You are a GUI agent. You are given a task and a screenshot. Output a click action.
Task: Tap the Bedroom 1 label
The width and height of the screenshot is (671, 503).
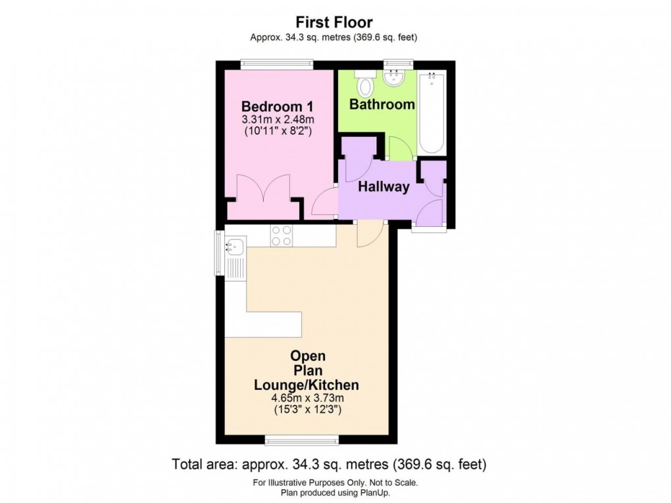(277, 107)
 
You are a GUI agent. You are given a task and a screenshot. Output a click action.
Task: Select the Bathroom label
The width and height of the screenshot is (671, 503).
(382, 104)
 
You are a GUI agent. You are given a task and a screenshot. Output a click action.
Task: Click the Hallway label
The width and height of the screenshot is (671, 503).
(384, 187)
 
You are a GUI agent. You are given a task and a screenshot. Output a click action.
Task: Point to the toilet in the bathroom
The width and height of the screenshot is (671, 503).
(366, 85)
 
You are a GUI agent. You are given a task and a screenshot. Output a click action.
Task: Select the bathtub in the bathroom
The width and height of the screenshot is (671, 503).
(432, 112)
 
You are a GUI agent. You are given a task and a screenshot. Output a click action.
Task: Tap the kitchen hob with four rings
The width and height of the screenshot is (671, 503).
(282, 235)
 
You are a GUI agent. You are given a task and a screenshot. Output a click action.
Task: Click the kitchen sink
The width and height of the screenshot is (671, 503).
(234, 248)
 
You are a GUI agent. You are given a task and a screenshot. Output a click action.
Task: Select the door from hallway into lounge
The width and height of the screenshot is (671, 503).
(370, 234)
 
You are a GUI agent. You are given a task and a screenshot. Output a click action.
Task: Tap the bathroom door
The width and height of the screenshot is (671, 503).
(401, 149)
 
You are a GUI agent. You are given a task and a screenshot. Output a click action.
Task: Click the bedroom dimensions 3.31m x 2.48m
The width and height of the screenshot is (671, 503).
(277, 120)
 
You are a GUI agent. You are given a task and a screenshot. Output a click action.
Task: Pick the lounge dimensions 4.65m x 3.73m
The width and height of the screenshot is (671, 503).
(308, 398)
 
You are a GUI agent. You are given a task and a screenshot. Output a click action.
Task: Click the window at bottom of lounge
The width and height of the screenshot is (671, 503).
(303, 439)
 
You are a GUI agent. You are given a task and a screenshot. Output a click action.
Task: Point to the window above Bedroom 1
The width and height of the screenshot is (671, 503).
(276, 64)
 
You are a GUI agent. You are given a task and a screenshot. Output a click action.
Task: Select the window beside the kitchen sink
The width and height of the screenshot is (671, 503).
(219, 252)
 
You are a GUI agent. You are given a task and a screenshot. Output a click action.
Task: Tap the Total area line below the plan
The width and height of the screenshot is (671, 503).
(329, 464)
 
